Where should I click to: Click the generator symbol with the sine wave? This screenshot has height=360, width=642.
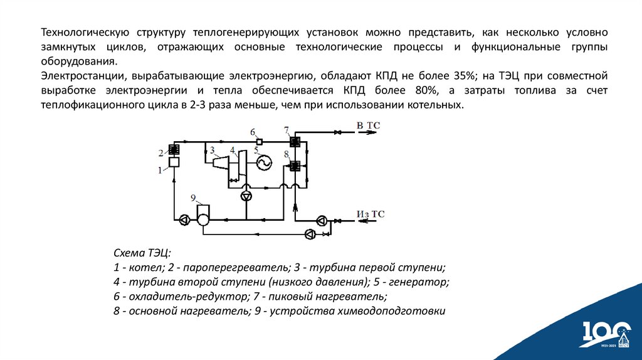point(263,162)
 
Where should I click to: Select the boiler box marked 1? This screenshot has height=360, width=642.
point(174,162)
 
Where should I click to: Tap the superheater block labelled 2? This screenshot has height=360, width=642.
point(174,150)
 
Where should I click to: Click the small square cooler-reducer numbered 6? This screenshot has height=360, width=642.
point(258,140)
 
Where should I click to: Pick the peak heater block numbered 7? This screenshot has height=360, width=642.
point(293,141)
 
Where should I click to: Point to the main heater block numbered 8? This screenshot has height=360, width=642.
point(293,166)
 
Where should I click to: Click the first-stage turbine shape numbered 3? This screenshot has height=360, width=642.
point(220,163)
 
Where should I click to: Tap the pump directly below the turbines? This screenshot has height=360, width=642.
point(245,196)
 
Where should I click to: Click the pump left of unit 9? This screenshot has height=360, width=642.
point(184,220)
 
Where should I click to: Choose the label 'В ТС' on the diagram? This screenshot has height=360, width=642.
point(368,126)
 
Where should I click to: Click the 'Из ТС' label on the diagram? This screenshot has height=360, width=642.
point(370,214)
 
